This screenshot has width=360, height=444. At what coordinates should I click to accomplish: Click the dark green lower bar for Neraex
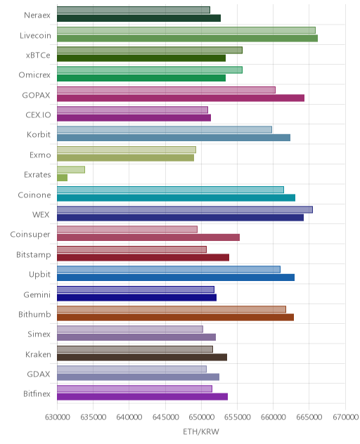139,18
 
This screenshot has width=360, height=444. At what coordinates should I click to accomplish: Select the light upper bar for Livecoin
186,30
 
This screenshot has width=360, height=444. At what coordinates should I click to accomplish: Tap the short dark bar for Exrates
62,178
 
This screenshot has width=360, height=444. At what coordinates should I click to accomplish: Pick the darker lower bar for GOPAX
181,98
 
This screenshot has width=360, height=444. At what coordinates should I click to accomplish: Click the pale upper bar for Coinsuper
127,229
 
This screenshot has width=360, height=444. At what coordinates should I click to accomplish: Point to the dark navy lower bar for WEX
180,218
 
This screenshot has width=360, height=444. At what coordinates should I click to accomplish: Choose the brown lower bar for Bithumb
175,317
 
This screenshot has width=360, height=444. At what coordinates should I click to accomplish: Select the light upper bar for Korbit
165,130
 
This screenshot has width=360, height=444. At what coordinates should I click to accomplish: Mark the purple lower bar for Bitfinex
142,397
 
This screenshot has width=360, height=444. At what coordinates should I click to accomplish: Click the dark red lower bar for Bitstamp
143,257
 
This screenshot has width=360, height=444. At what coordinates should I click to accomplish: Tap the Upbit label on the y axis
39,275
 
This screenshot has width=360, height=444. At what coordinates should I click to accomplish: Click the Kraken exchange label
38,354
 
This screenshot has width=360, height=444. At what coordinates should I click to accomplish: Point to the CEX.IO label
38,115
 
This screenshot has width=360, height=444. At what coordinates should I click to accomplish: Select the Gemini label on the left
37,294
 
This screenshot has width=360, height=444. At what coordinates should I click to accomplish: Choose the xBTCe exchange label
38,55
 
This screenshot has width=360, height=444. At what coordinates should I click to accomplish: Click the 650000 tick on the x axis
201,417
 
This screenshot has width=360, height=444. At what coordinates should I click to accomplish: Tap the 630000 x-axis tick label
57,417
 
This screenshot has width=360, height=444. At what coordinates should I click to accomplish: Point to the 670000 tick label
345,417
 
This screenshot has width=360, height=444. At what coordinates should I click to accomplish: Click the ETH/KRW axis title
201,431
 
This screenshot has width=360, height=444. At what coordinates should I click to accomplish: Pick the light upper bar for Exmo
127,150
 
